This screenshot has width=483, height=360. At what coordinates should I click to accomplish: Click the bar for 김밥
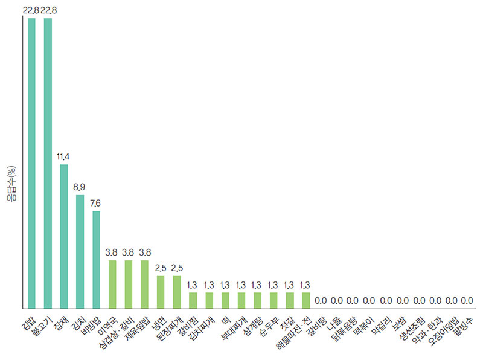pos(31,163)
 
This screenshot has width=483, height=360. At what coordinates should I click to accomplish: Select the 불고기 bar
pos(48,163)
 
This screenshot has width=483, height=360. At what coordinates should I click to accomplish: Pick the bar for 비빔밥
pos(96,260)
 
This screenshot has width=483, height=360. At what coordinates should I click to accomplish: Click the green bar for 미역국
pos(112,284)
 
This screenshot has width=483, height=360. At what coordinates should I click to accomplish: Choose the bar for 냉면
pos(161,293)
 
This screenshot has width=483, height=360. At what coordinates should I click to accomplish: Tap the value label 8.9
pos(80,188)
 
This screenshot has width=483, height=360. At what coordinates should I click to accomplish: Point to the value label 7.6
pos(96,204)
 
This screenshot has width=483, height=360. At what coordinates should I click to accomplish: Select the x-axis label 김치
pos(74,323)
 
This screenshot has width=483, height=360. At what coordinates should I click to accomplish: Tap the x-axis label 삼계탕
pos(250,326)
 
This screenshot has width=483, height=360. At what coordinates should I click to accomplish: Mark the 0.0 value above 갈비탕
pos(321,300)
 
